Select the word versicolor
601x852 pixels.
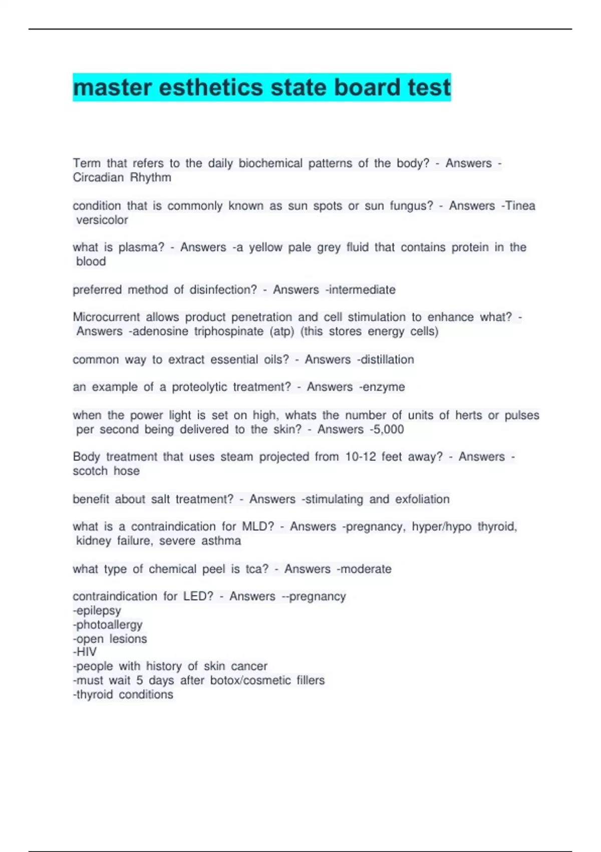click(102, 220)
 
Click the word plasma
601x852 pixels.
click(141, 248)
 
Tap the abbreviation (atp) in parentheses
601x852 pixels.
click(282, 332)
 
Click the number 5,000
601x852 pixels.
click(388, 430)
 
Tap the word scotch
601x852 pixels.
click(90, 471)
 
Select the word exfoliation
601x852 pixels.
click(422, 499)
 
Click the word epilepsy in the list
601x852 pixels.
click(98, 611)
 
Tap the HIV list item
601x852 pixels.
click(86, 652)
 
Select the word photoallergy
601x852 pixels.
click(109, 625)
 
